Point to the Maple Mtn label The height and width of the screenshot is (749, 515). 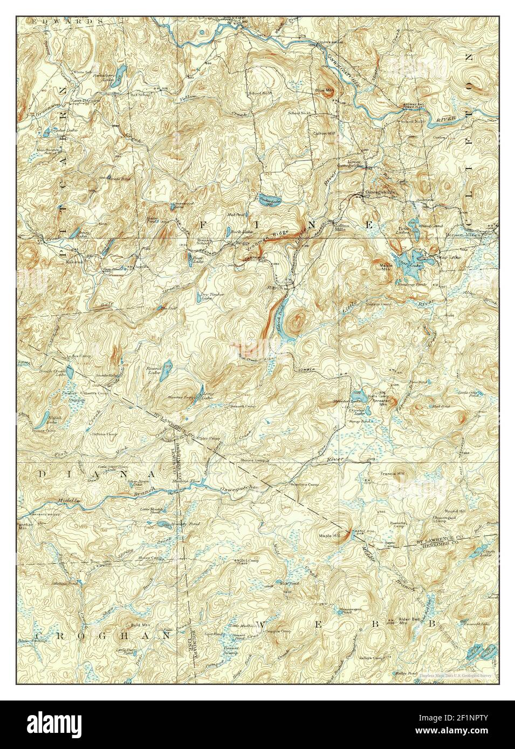point(386,267)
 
